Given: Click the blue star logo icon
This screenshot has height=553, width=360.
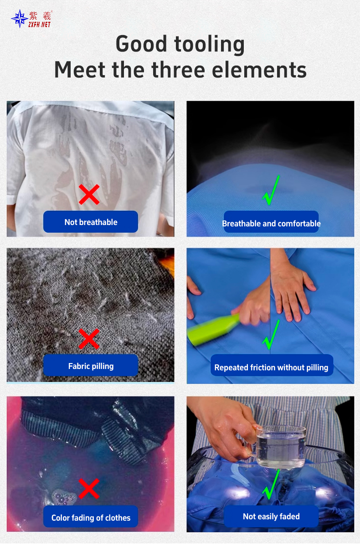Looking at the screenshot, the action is (19, 19).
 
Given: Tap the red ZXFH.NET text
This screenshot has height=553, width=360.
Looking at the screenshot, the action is (40, 25).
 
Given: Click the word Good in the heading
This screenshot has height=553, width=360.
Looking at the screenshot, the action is (141, 44).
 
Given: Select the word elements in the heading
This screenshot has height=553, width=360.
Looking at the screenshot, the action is (259, 70).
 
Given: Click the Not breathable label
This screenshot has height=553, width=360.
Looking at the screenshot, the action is (91, 222).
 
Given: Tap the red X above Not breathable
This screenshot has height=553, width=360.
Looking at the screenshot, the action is (89, 195).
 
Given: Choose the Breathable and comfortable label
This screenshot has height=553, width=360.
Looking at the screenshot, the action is (271, 223).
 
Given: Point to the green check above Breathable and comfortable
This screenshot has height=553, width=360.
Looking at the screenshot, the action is (271, 190).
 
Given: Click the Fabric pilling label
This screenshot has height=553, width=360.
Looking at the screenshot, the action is (91, 365).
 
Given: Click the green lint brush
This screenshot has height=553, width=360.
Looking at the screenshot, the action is (213, 330).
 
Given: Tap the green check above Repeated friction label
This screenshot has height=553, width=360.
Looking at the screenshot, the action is (271, 334).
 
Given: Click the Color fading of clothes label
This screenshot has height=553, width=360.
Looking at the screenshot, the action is (91, 517).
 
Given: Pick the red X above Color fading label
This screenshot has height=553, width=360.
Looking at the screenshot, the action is (89, 489).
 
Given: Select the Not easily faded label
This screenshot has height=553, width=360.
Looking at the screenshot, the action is (271, 516).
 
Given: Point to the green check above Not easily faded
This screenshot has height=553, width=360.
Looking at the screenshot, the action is (271, 484).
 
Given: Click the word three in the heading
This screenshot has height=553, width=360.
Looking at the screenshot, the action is (178, 70).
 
